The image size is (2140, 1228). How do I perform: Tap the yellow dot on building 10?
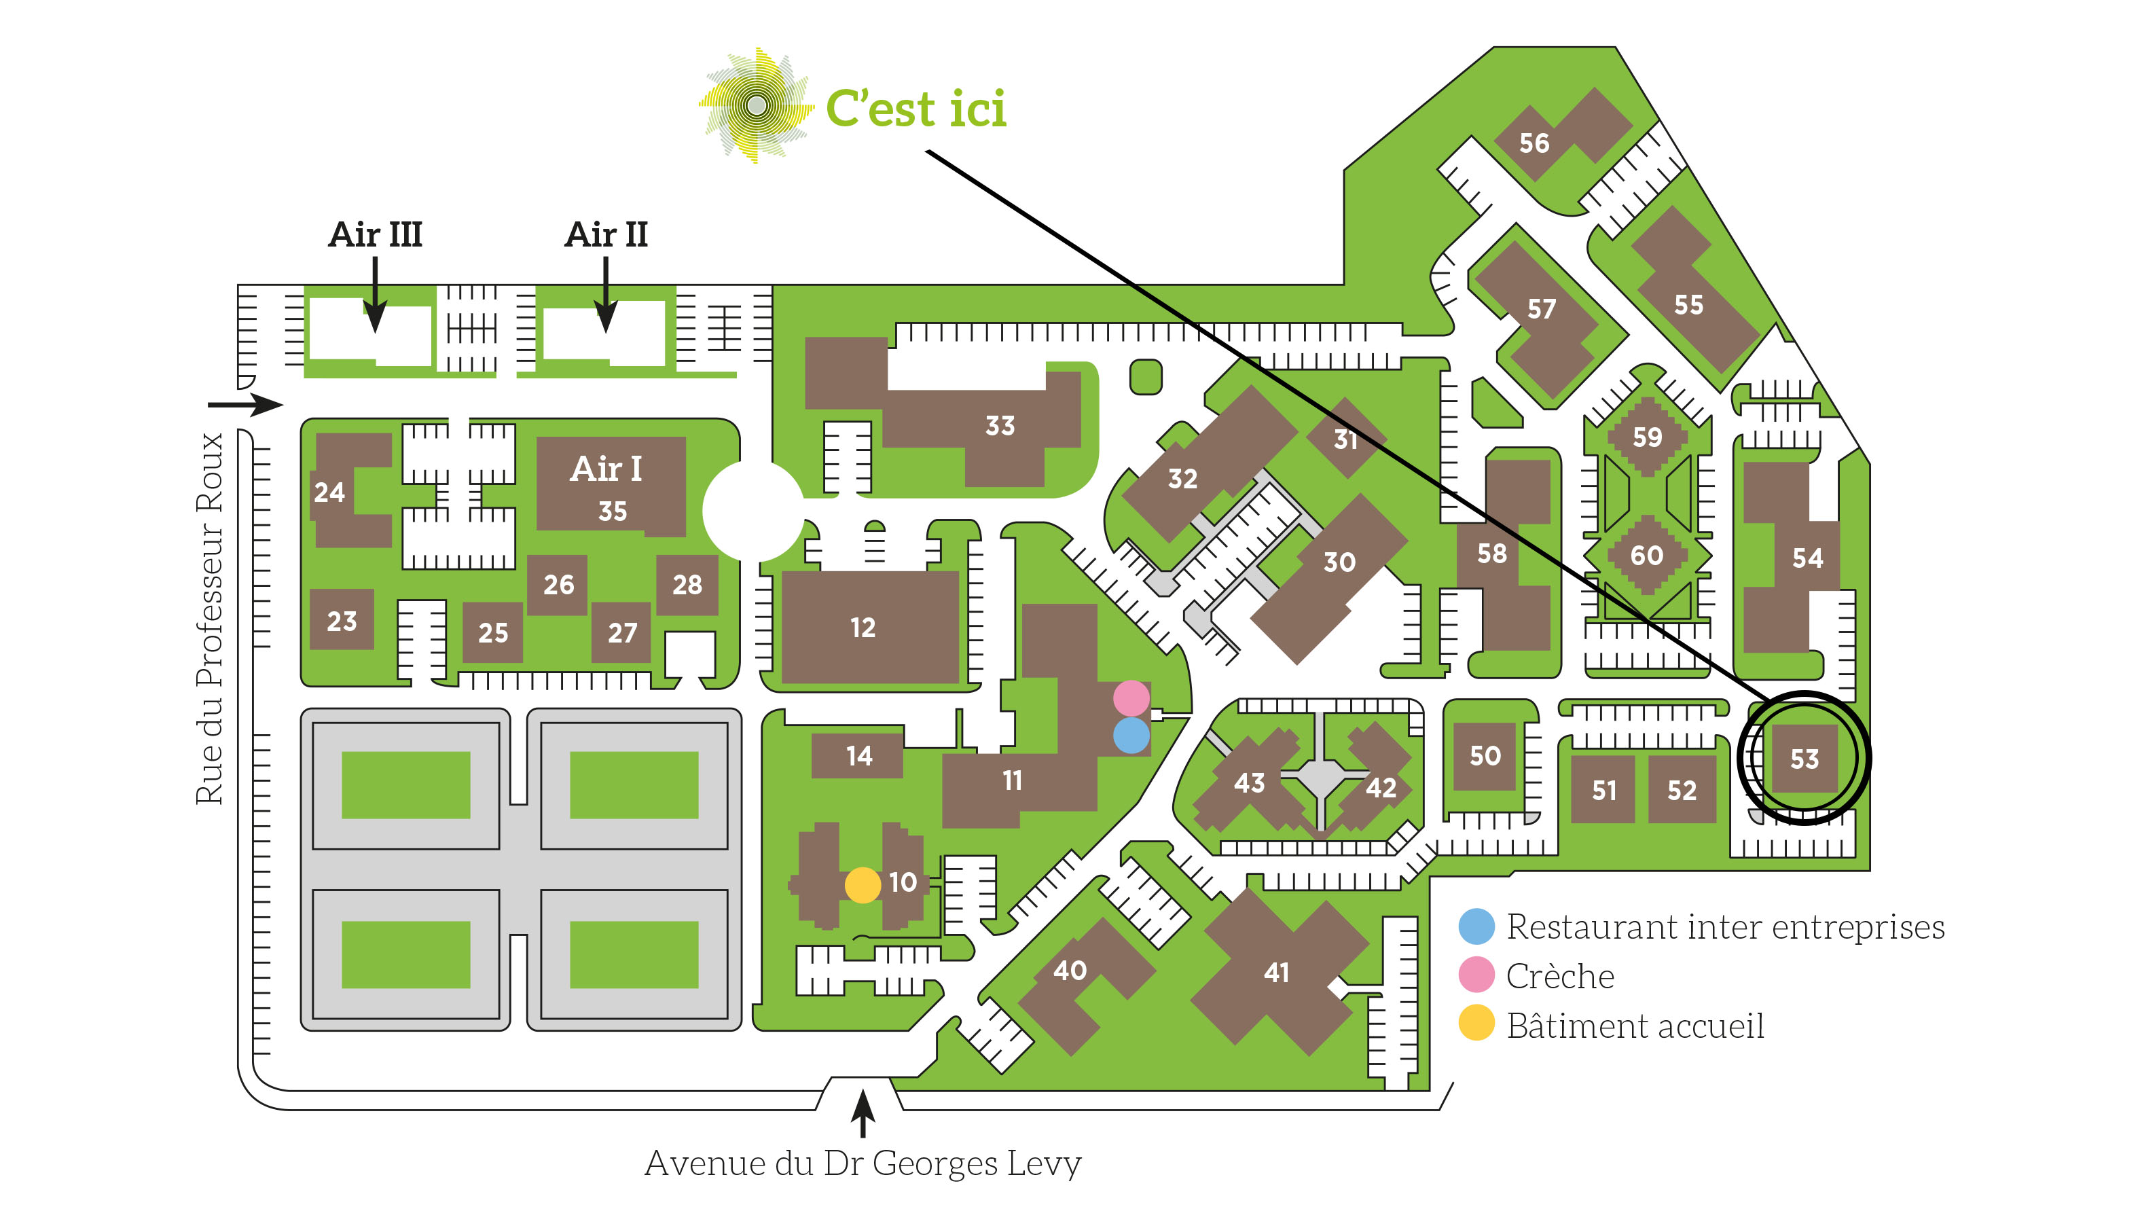(863, 886)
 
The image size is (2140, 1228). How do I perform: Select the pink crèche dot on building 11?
(1131, 698)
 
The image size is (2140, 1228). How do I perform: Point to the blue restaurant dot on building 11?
(1131, 736)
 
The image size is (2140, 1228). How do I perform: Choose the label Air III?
(375, 234)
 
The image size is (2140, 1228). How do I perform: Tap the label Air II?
(606, 234)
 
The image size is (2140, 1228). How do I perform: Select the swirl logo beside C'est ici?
(757, 105)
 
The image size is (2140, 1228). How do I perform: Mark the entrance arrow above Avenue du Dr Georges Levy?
(863, 1114)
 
